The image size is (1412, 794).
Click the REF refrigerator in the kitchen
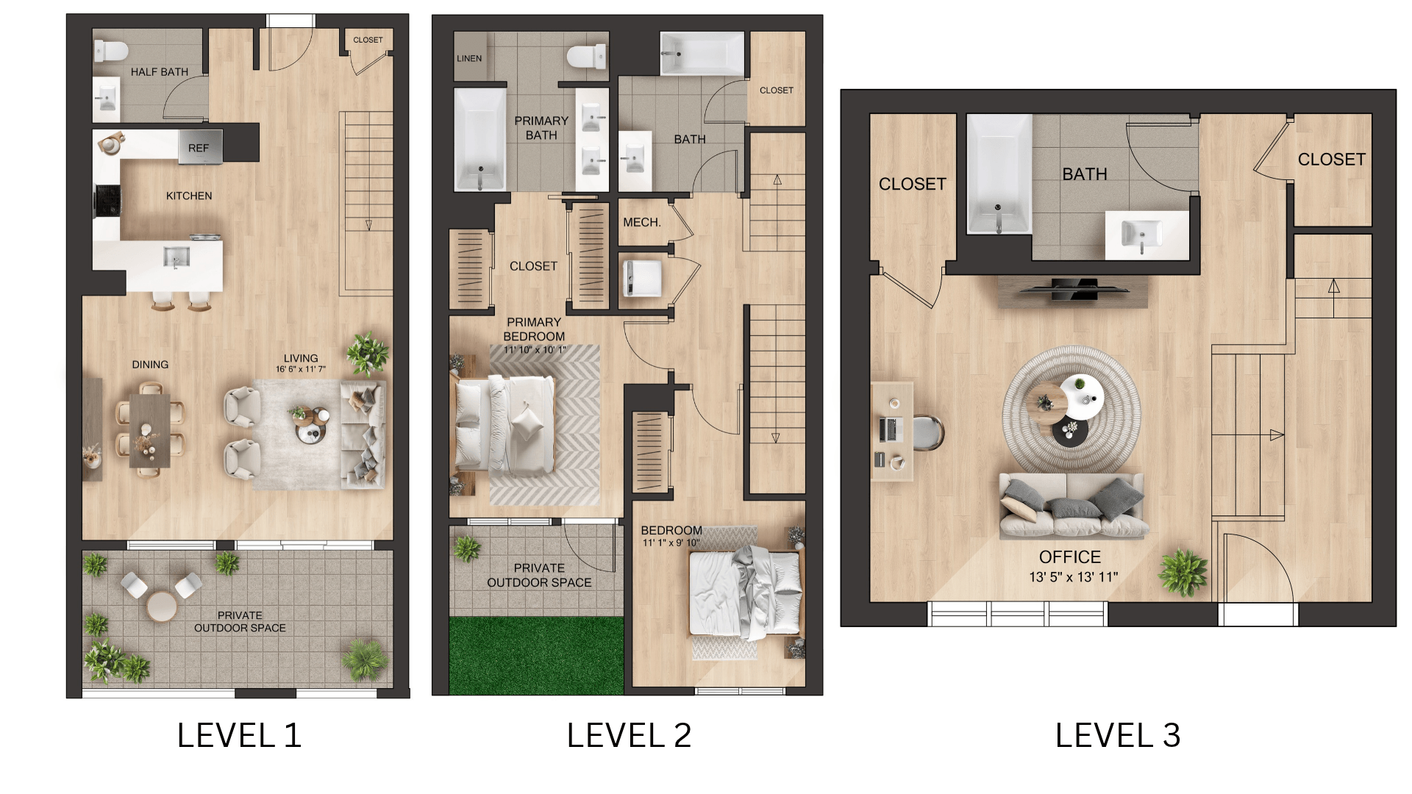tap(200, 147)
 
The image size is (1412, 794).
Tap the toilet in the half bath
tap(111, 51)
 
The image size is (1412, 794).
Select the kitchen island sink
tap(176, 257)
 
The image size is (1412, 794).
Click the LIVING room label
tap(301, 358)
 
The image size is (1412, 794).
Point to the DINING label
tap(150, 365)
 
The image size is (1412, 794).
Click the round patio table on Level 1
tap(161, 607)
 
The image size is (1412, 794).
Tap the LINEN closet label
tap(469, 59)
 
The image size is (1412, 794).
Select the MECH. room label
tap(642, 222)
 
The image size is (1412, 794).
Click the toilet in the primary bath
tap(587, 57)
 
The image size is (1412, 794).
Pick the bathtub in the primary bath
tap(480, 139)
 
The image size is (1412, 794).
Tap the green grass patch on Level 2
tap(536, 655)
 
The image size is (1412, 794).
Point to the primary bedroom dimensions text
tap(535, 350)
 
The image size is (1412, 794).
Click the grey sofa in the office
tap(1072, 505)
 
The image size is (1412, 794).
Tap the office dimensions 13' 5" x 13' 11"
tap(1073, 577)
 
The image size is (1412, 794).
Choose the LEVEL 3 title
tap(1118, 735)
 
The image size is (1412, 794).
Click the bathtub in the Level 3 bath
tap(999, 174)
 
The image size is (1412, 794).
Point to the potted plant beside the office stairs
tap(1183, 571)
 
